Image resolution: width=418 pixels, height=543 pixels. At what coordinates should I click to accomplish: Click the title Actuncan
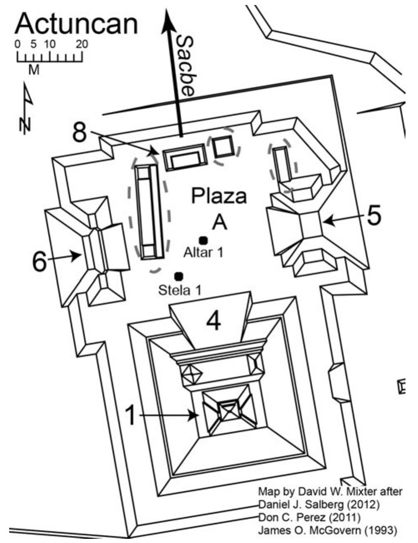[x=76, y=24]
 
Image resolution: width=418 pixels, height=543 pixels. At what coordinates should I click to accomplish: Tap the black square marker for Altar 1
[x=203, y=240]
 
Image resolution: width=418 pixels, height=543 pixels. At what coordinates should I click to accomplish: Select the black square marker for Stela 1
[x=179, y=276]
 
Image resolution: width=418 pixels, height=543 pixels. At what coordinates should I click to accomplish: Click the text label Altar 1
[x=203, y=253]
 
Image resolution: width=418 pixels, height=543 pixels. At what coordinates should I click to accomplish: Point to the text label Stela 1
[x=180, y=290]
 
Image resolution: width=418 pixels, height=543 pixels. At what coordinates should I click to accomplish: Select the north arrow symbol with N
[x=26, y=108]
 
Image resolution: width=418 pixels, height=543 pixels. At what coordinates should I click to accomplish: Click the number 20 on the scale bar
[x=82, y=44]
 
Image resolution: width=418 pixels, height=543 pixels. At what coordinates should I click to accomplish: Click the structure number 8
[x=80, y=133]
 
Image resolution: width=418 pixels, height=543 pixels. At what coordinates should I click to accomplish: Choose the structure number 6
[x=40, y=262]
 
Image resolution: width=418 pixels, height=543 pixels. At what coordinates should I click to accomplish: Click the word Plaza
[x=219, y=196]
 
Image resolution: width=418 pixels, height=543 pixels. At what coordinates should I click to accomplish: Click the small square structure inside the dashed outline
[x=224, y=147]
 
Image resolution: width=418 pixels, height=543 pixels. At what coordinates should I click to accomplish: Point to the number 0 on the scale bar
[x=18, y=45]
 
